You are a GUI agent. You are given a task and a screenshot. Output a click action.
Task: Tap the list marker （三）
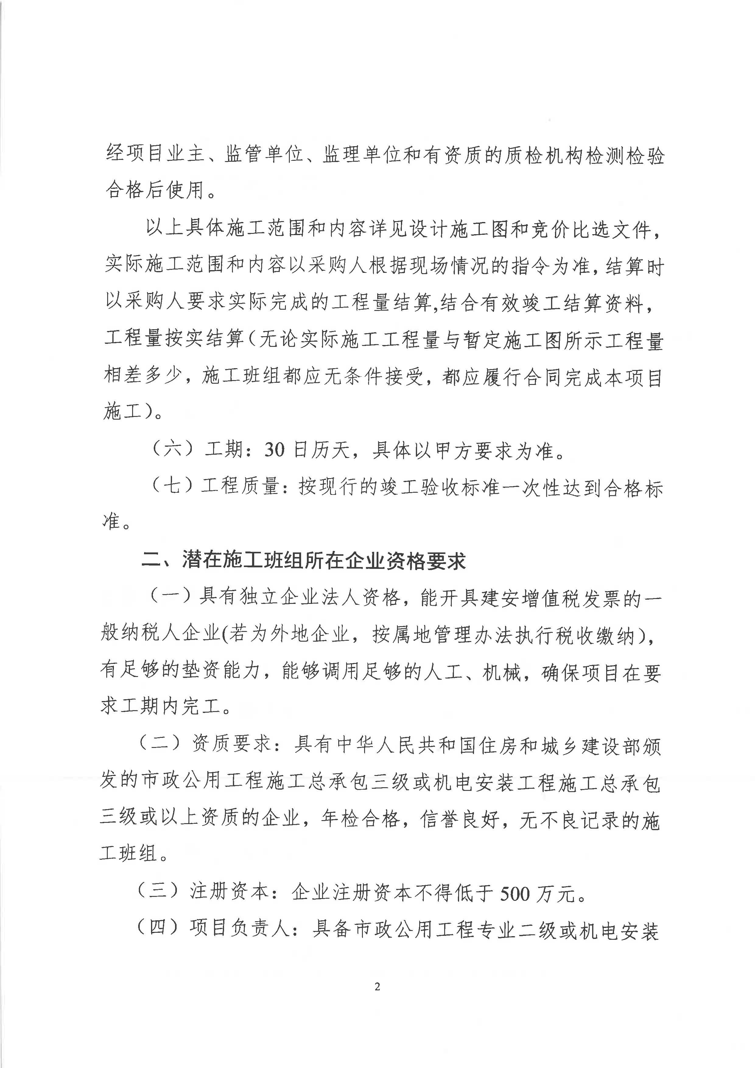pos(158,891)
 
